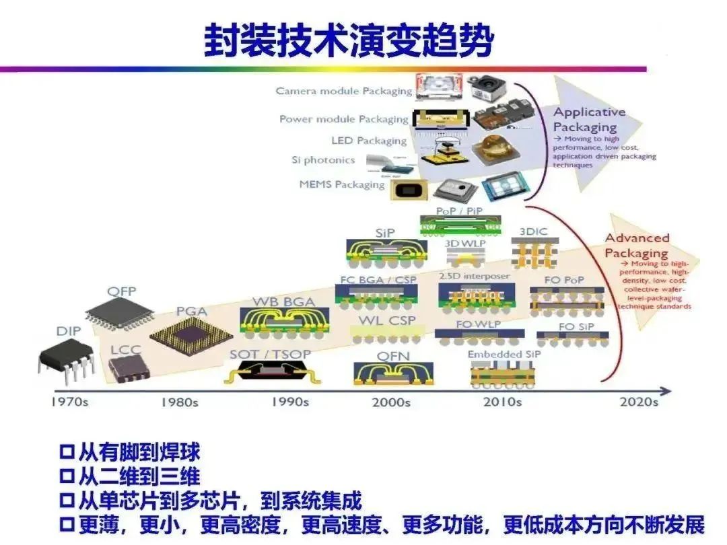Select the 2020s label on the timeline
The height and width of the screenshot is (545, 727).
(638, 402)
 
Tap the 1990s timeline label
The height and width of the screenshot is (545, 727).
(290, 402)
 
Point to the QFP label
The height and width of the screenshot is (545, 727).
(122, 291)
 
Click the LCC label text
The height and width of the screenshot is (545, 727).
(126, 351)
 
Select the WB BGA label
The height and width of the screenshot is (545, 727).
(283, 302)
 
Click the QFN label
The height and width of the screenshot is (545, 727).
(393, 355)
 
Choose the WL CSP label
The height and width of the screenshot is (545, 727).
(387, 320)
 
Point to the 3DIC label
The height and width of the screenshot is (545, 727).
(534, 231)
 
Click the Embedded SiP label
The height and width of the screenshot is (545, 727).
(504, 355)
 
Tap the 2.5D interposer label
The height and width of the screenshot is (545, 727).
(474, 276)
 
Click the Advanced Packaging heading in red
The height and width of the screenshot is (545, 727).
(636, 246)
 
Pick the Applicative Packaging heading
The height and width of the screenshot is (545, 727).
(589, 119)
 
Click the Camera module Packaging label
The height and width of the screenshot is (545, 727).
(343, 91)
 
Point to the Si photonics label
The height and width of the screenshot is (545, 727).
(322, 160)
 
